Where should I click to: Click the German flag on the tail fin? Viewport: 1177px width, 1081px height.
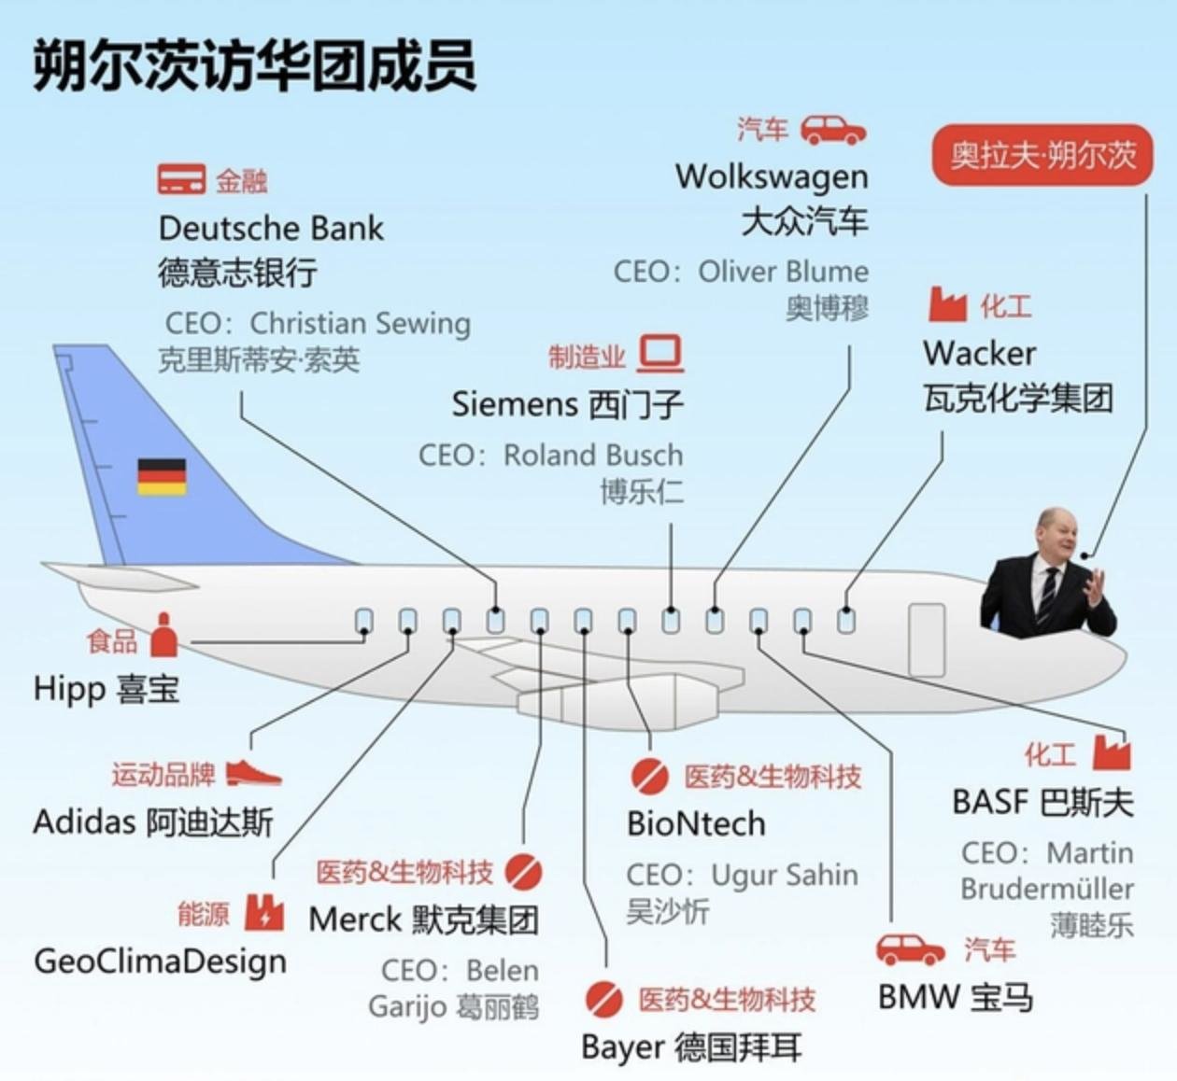[x=162, y=476]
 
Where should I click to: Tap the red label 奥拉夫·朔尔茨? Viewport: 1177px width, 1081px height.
[x=1042, y=154]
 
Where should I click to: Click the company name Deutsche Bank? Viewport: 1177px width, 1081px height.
[x=271, y=228]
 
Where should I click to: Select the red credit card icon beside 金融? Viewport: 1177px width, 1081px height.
[x=181, y=179]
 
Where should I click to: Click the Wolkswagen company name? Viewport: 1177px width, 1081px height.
[x=772, y=175]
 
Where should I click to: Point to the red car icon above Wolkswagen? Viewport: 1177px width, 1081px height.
[x=833, y=131]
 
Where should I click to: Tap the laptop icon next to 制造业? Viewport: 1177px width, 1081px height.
[x=661, y=355]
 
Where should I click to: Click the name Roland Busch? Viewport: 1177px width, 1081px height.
[x=593, y=455]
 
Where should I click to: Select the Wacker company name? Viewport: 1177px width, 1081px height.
[x=979, y=353]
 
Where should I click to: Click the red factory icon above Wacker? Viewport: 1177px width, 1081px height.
[x=946, y=304]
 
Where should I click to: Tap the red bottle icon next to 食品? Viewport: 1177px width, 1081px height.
[x=164, y=637]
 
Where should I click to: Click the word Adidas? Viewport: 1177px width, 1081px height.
[x=84, y=822]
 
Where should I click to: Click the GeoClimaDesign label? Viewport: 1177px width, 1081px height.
[x=160, y=961]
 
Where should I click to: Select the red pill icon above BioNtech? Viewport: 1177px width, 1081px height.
[x=649, y=776]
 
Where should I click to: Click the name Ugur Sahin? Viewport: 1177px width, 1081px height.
[x=784, y=875]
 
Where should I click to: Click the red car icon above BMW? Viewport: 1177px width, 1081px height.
[x=910, y=950]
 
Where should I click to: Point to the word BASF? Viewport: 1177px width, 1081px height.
[x=990, y=802]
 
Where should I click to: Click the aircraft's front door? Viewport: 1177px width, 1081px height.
[x=927, y=639]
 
